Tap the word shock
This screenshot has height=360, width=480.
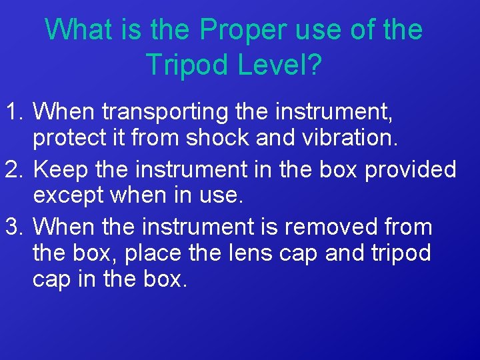click(218, 137)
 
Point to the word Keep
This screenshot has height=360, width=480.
click(60, 170)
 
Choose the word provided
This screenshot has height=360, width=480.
click(411, 170)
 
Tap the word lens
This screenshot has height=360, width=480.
click(272, 253)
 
